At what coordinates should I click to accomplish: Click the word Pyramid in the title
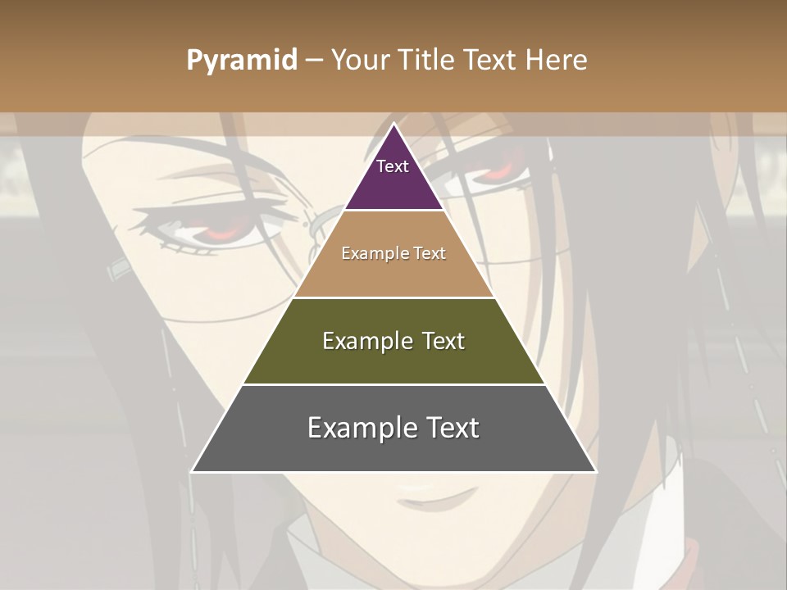click(241, 61)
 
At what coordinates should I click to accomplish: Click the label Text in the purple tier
click(393, 166)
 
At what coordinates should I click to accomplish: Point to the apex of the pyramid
click(393, 125)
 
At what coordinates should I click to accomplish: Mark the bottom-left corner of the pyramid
click(193, 471)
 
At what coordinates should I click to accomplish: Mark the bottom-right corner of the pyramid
click(595, 471)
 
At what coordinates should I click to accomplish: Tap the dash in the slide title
click(314, 61)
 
